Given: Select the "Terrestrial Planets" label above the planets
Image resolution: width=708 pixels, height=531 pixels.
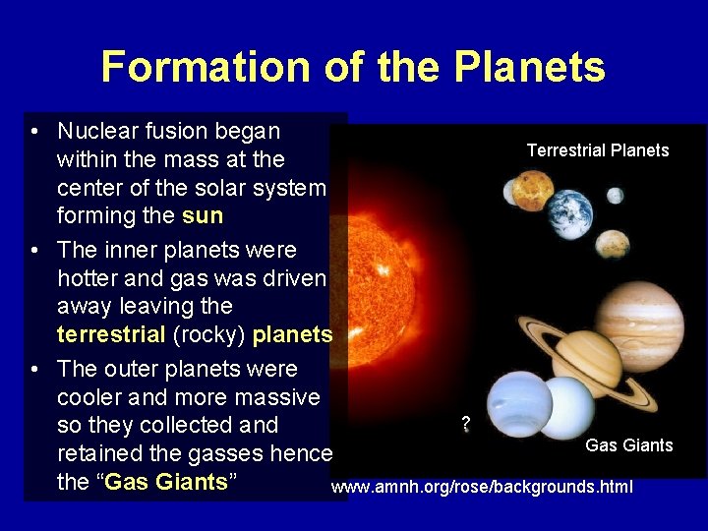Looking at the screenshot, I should (x=597, y=150).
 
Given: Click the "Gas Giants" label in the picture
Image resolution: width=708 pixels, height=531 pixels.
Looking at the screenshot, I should (x=628, y=445).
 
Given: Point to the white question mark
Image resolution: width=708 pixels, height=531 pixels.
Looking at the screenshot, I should (x=465, y=424).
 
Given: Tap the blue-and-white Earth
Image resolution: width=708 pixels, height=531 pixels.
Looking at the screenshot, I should (x=569, y=213).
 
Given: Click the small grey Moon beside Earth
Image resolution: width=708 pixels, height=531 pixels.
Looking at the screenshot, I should (x=615, y=196).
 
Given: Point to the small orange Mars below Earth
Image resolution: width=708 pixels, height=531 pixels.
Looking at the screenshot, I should (x=613, y=243).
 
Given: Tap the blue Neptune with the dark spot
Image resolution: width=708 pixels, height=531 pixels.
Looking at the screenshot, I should (x=520, y=404).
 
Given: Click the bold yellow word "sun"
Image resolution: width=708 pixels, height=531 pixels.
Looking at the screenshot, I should (x=203, y=215).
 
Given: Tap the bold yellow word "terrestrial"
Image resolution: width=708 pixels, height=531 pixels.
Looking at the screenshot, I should (x=111, y=334).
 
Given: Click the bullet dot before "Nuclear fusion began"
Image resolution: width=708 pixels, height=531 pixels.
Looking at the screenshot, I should (x=34, y=132).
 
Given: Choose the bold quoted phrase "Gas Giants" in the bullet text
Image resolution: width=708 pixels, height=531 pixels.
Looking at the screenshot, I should (x=166, y=483).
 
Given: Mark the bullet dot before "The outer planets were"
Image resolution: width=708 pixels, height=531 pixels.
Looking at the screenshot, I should (x=34, y=370).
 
